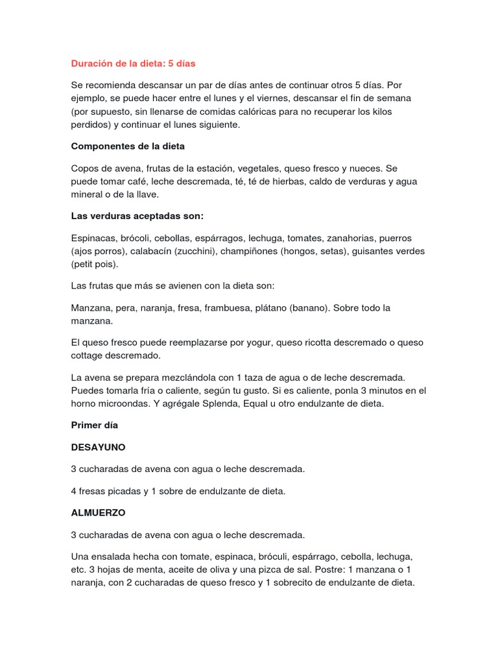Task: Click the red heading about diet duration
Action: (x=133, y=64)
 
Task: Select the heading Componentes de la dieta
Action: (x=128, y=147)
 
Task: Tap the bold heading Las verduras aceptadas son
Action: (x=141, y=215)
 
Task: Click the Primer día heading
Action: (x=94, y=425)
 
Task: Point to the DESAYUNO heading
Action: (x=98, y=447)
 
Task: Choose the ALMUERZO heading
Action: (x=98, y=512)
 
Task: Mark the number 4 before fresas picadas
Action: (x=74, y=491)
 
